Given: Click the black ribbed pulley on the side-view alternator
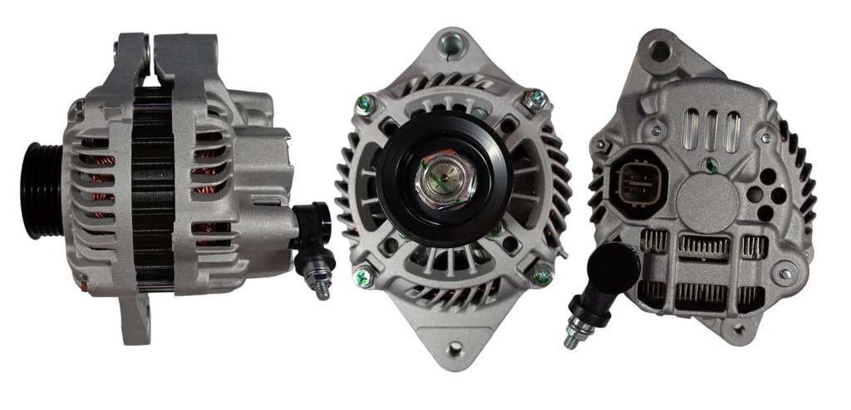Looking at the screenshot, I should [x=43, y=190].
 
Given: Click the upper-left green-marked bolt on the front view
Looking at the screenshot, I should [x=364, y=105].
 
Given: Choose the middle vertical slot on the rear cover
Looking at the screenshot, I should [x=711, y=131].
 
